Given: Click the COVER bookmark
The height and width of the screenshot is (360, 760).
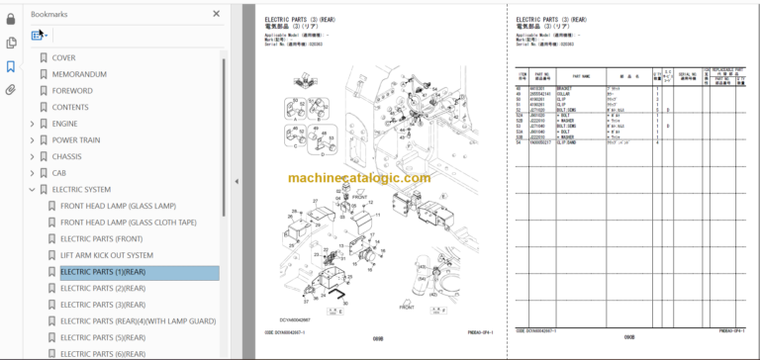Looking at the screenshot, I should [63, 58].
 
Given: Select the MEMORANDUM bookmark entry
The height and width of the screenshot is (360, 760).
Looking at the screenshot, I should [78, 74].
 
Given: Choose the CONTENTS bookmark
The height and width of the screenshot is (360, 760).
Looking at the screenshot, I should [70, 107].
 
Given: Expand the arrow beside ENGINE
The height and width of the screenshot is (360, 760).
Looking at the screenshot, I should [32, 124].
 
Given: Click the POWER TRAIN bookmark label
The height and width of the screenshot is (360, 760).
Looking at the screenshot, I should [76, 140].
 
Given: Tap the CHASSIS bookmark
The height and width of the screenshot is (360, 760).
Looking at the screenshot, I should [67, 156].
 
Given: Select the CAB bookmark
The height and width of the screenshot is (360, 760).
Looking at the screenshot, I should [60, 173].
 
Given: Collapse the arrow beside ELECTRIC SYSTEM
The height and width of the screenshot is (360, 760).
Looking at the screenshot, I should [32, 190].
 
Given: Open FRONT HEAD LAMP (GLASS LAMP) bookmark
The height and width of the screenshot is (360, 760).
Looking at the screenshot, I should [118, 206].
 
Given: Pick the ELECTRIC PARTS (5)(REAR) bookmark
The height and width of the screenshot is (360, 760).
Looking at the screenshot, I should [103, 337].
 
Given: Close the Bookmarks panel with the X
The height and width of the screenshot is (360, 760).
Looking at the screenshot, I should [217, 14].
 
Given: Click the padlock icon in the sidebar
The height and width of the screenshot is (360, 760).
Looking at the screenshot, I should [11, 19].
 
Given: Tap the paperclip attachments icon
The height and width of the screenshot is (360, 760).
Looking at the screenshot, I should [11, 90].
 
